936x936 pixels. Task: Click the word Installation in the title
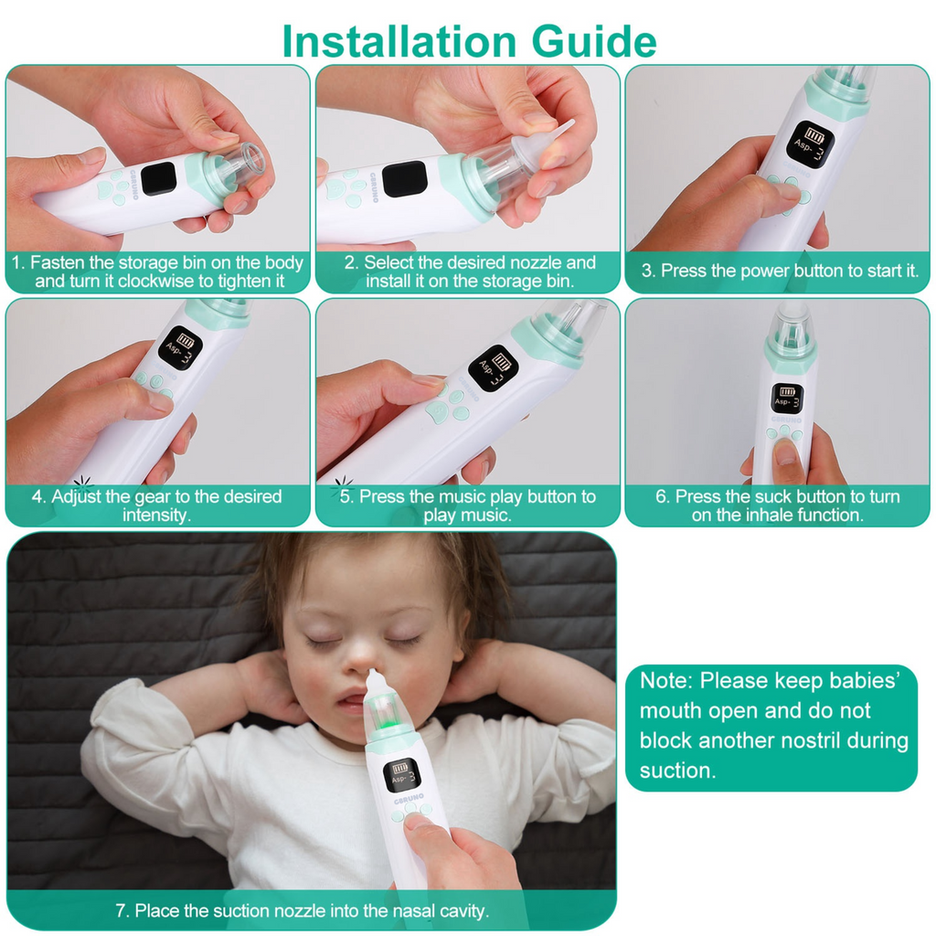pos(399,41)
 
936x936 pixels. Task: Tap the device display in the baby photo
pos(401,775)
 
